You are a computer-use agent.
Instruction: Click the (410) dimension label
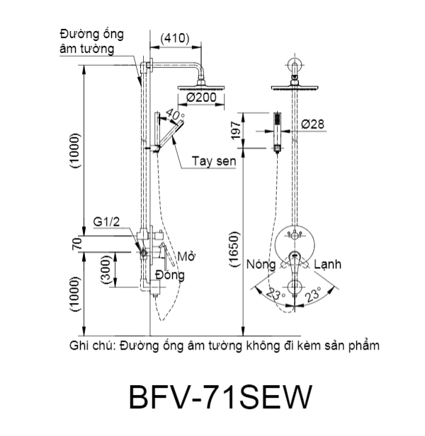pyautogui.click(x=175, y=38)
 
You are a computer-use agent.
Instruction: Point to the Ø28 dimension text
pyautogui.click(x=312, y=125)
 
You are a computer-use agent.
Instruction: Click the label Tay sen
pyautogui.click(x=212, y=161)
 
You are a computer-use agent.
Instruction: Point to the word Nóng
pyautogui.click(x=261, y=263)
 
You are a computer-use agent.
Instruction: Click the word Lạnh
pyautogui.click(x=329, y=263)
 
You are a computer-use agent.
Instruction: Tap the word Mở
pyautogui.click(x=186, y=256)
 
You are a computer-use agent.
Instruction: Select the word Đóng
pyautogui.click(x=170, y=275)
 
